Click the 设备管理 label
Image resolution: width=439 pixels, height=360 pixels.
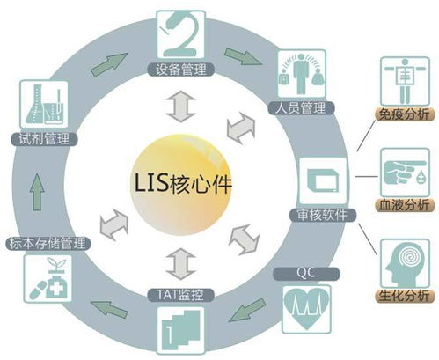[180, 70]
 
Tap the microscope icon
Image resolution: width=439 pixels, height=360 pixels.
[180, 34]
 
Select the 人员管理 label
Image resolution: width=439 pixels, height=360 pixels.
[301, 107]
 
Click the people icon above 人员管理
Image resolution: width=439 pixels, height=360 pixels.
[302, 74]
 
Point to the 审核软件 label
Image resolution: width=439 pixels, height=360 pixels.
[323, 215]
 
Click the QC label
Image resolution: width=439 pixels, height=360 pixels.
[306, 274]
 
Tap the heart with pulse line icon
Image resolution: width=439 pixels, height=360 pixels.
[306, 309]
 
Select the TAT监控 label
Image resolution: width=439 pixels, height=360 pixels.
[180, 295]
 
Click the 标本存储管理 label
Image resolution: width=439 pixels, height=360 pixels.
[48, 244]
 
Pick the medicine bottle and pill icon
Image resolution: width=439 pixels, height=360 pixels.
[48, 278]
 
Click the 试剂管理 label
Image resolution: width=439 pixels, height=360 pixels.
[44, 139]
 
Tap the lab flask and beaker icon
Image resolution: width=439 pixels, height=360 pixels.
[44, 104]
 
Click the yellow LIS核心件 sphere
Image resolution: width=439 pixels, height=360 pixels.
[181, 185]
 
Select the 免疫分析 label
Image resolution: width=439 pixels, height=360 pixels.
[404, 114]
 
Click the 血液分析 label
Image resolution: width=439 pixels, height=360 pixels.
[404, 204]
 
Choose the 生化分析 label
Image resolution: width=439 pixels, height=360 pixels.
[404, 296]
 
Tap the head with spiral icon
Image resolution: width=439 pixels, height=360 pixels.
[405, 263]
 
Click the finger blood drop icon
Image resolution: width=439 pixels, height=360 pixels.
[405, 173]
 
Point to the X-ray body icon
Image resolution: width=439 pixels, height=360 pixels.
[405, 81]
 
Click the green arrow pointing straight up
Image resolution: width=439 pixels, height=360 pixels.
[37, 192]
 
